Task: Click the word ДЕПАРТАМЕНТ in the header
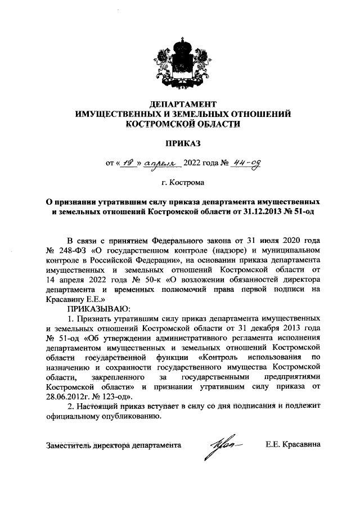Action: [183, 105]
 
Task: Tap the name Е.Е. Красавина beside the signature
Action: [292, 444]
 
